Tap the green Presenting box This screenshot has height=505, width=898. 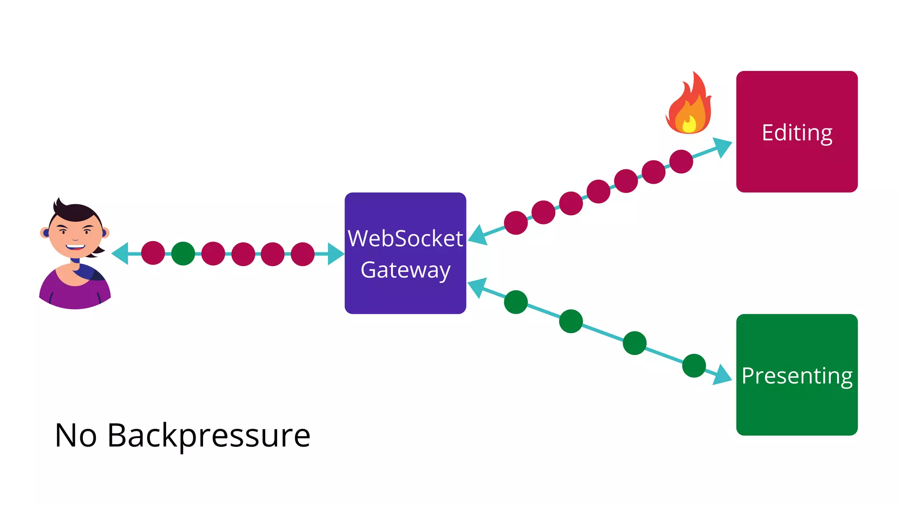pos(797,412)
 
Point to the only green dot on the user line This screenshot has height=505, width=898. pos(183,253)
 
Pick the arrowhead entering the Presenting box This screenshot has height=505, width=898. pos(723,375)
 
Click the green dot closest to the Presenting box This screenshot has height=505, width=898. pos(694,365)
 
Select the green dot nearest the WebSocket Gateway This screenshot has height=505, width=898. pos(516,302)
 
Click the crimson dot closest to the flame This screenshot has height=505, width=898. pos(681,161)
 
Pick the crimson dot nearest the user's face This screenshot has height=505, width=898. pos(153,253)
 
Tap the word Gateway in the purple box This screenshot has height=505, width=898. pos(405,270)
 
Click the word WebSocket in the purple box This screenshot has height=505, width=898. pos(405,239)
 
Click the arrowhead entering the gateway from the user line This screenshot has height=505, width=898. pos(336,253)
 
